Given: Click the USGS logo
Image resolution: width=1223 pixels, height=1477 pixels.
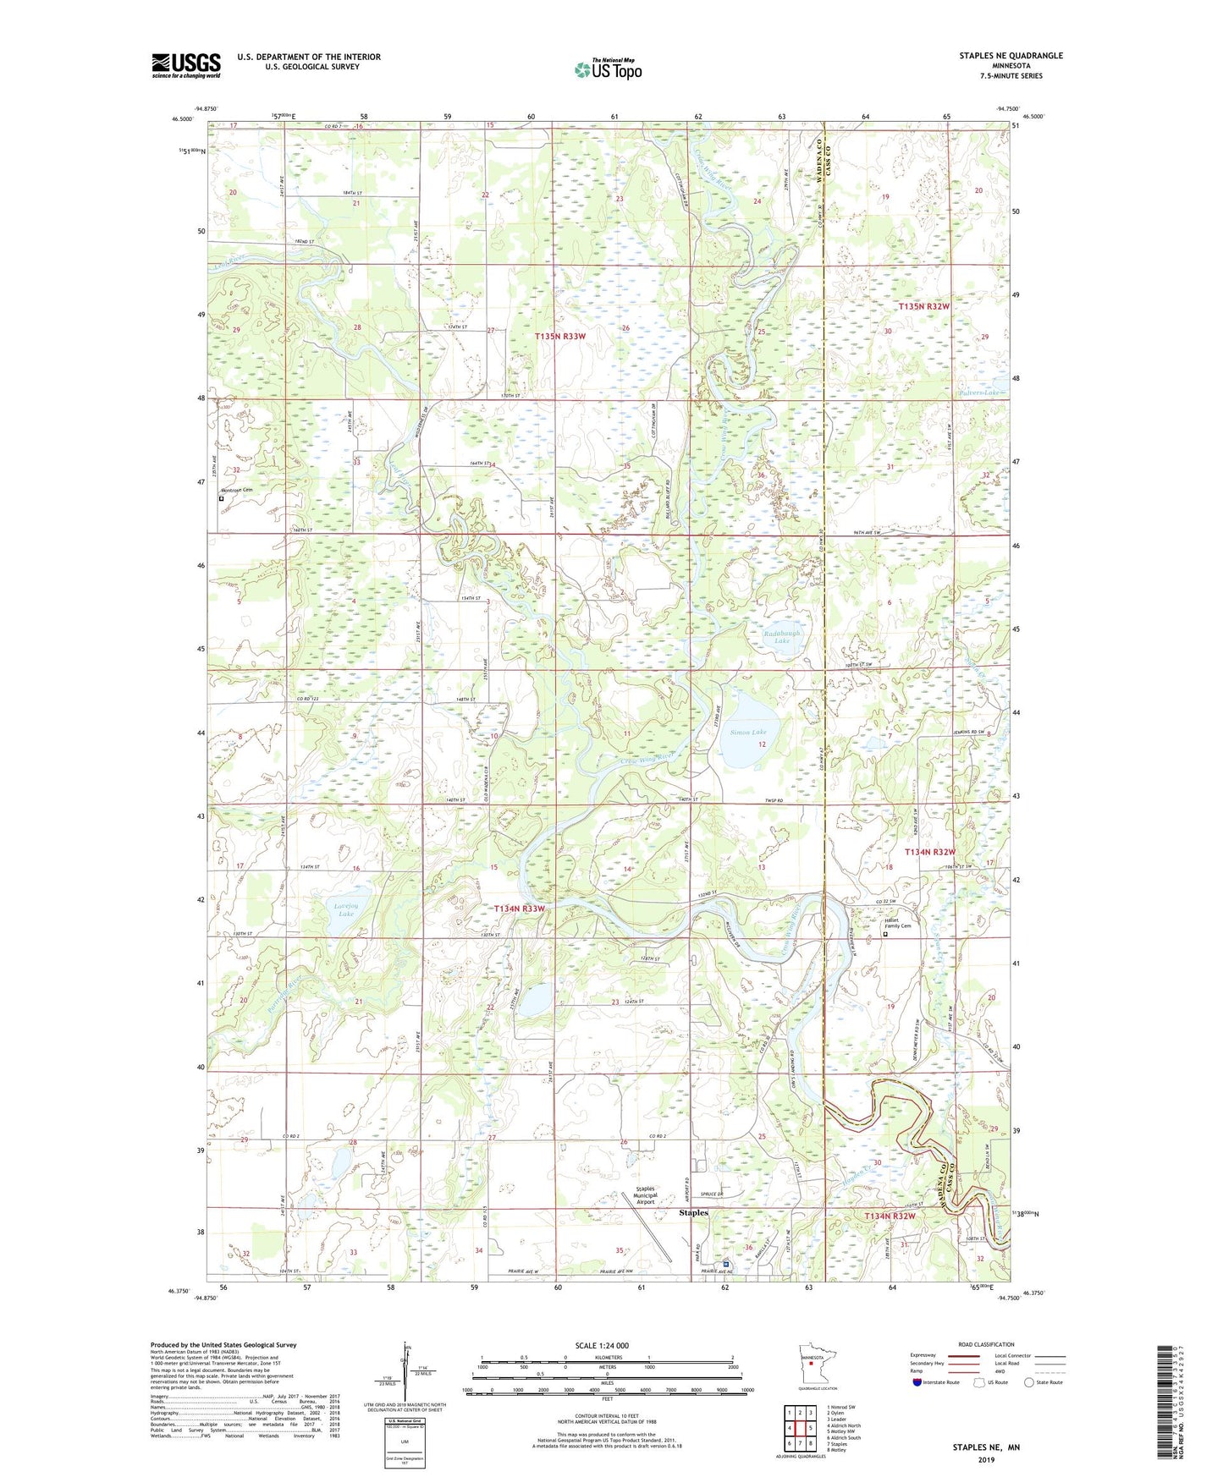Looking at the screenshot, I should point(185,65).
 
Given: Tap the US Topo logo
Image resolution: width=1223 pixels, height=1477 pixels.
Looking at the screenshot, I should point(607,69).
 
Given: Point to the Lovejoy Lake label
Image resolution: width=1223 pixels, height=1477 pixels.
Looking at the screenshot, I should point(345,910).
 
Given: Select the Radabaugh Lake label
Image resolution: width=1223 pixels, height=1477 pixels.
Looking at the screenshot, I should point(781,637).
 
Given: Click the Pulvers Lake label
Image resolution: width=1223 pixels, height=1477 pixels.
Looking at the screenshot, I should point(980,393).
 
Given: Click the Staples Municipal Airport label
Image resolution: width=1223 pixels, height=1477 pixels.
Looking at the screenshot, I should point(646,1195).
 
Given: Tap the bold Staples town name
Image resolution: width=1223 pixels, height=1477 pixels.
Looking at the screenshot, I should point(694,1213).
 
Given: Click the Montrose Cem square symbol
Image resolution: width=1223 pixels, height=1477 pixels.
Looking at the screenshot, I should point(222,499).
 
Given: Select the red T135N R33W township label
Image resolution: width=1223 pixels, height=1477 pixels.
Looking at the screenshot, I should point(560,337).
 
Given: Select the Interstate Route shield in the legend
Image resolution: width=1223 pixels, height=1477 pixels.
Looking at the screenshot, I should point(919,1382).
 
